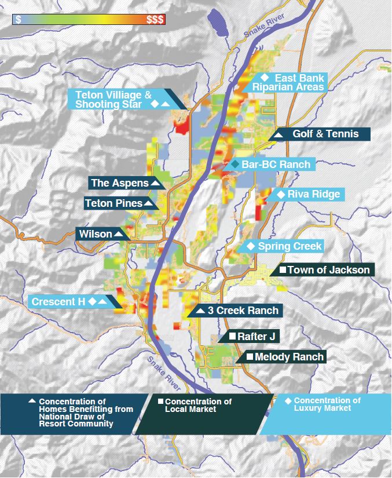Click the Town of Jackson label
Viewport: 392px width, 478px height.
coord(328,270)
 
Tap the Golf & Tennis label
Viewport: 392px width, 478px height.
coord(325,134)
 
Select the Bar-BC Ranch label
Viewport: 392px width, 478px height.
coord(276,165)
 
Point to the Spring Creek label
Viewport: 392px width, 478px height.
coord(290,246)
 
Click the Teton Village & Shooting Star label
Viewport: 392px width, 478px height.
coord(113,99)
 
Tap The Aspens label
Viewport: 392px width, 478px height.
coord(120,183)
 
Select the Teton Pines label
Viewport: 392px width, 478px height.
coord(113,203)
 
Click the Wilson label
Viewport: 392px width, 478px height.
coord(96,234)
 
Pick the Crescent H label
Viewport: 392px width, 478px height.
coord(58,302)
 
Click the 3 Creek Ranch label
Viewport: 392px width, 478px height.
coord(243,311)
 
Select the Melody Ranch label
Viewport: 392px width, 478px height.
coord(288,357)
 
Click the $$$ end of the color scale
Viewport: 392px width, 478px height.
coord(155,19)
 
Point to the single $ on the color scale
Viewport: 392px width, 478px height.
coord(19,19)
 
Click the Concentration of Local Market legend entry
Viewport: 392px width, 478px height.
coord(198,406)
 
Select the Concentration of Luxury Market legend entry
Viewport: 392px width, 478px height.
coord(327,404)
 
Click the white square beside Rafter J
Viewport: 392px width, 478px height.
coord(232,336)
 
